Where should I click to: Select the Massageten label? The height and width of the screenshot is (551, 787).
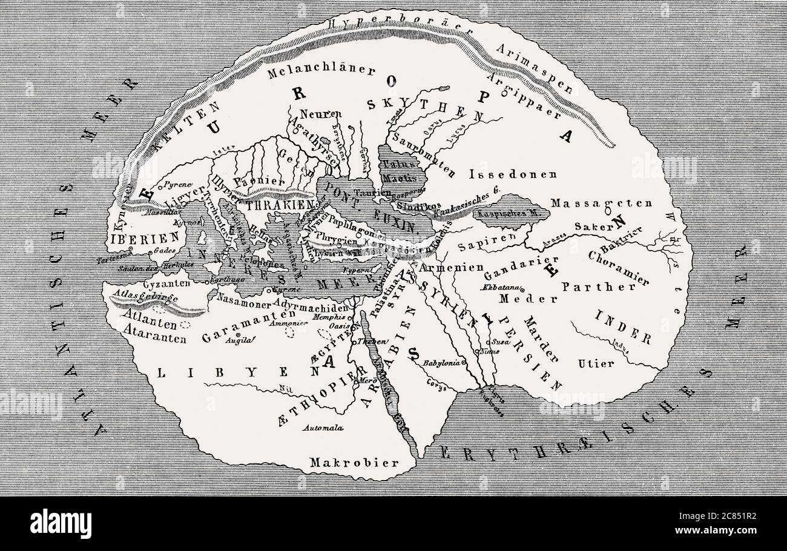(x=601, y=204)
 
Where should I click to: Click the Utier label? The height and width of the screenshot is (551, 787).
(x=595, y=364)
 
